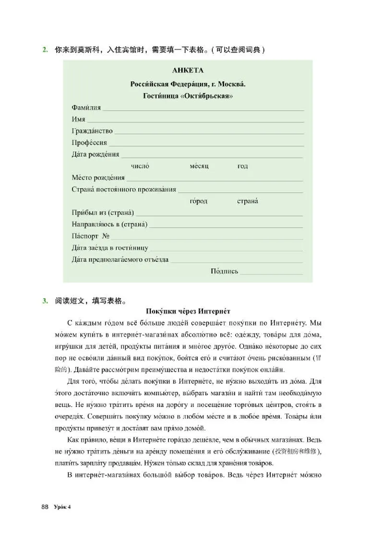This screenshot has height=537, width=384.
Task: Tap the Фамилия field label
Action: (x=86, y=108)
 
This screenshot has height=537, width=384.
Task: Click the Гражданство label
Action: (x=92, y=131)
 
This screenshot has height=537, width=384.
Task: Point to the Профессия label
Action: (x=89, y=143)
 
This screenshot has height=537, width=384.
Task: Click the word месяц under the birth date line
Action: (x=199, y=166)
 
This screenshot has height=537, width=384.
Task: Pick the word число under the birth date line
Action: (x=140, y=166)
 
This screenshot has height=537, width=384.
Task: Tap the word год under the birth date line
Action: (x=242, y=166)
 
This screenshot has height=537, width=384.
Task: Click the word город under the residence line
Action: (x=199, y=201)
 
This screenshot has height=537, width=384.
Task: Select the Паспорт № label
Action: (x=91, y=236)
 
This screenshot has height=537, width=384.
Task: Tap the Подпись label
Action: (x=224, y=271)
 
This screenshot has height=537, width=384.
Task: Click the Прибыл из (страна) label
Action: (x=103, y=213)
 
